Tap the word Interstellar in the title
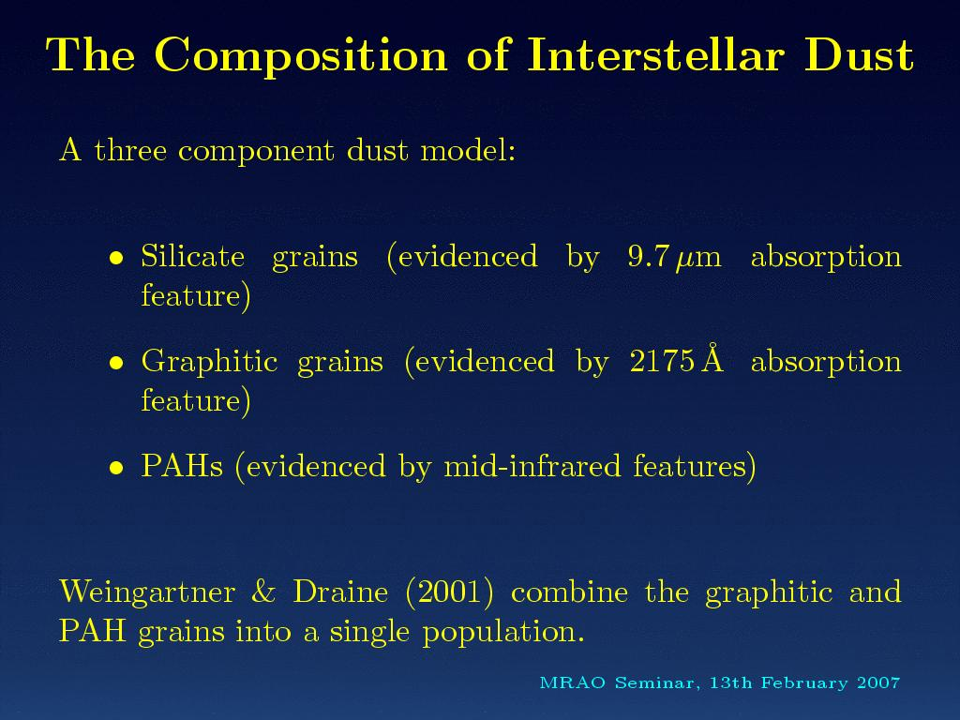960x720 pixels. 655,54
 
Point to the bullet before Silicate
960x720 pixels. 116,258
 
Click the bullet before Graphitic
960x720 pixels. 116,363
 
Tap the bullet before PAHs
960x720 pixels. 116,469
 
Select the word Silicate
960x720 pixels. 193,255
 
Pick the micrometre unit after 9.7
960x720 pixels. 699,260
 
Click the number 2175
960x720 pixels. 662,361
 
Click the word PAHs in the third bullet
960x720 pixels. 182,466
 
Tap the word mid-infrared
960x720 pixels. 532,466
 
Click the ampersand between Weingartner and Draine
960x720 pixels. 263,592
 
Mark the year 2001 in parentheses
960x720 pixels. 449,592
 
